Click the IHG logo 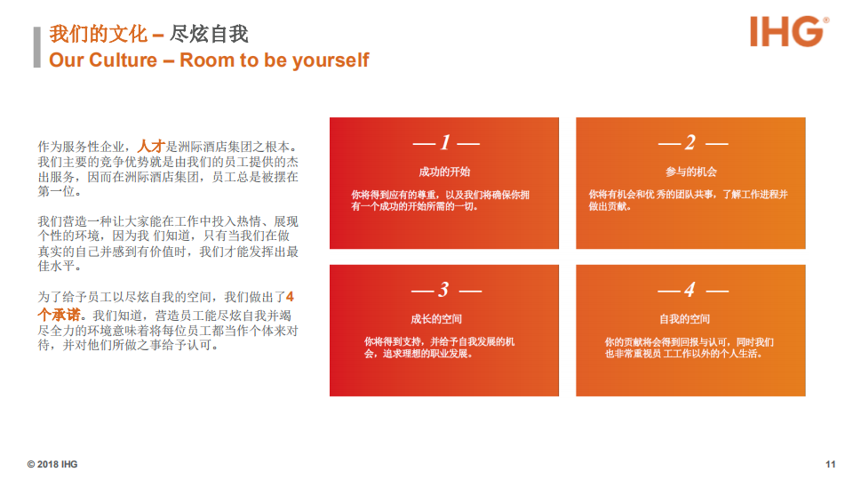coord(789,31)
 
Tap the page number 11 coord(830,464)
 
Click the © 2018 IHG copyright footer coord(52,464)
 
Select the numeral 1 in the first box coord(445,142)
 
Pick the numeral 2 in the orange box coord(690,142)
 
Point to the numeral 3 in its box coord(444,290)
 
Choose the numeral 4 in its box coord(690,290)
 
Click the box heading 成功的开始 coord(444,172)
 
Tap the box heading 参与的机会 coord(691,172)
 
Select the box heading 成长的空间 coord(436,319)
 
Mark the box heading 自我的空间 coord(684,319)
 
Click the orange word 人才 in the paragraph coord(151,146)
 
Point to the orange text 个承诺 coord(59,315)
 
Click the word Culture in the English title coord(123,60)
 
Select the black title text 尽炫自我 coord(209,34)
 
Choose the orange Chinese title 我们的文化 coord(99,34)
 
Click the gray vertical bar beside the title coord(37,47)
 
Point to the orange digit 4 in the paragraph coord(290,297)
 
